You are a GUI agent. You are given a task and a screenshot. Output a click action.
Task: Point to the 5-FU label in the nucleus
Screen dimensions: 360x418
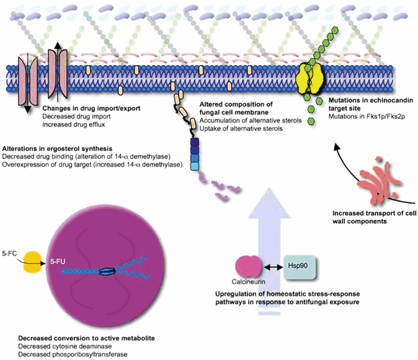tap(59, 260)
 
